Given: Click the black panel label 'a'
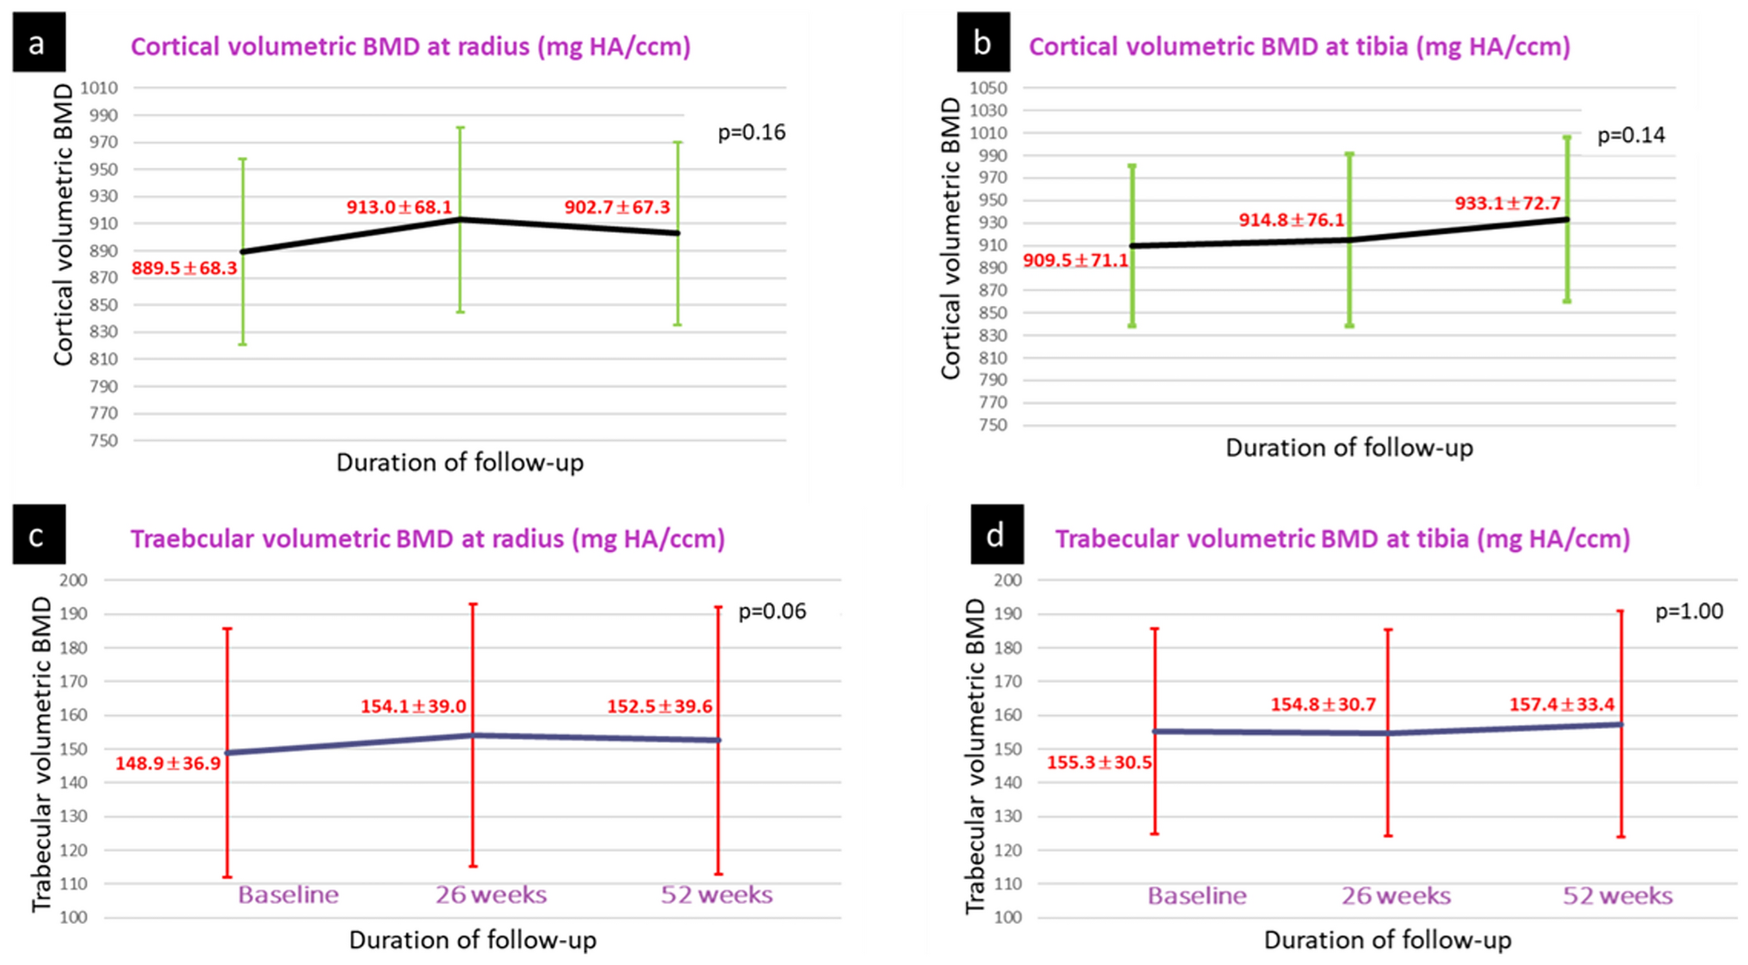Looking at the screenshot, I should pos(38,42).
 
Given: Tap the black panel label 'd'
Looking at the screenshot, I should pos(996,535).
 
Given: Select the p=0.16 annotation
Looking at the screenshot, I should pos(751,133).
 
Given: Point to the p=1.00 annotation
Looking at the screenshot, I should pos(1689,612).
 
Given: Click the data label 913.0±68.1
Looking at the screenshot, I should pos(399,208).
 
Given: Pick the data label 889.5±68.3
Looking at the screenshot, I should pos(184,269).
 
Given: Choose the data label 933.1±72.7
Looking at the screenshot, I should pos(1507,204).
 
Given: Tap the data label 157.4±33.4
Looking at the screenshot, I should pos(1561,705).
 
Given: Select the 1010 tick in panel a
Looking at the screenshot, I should pos(99,88).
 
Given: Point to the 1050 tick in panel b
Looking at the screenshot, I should pos(988,88).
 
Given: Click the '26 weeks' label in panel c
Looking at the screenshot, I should pos(491,895).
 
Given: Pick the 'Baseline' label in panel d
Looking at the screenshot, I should pos(1196,896).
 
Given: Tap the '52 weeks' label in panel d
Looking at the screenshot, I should pos(1617,896).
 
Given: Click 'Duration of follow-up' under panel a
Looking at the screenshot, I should pos(460,464).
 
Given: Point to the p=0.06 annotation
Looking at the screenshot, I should pos(772,612).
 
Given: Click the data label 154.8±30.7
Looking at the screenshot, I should pos(1323,705).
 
